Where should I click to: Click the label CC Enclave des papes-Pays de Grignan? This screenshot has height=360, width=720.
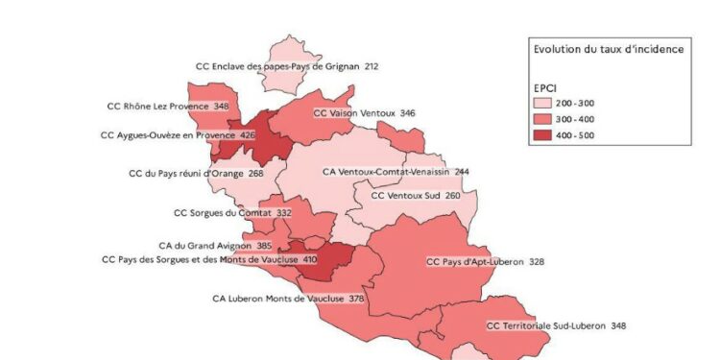tap(276, 66)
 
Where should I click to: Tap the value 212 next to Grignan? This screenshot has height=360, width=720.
tap(372, 66)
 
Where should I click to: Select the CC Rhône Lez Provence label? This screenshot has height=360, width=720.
tap(159, 106)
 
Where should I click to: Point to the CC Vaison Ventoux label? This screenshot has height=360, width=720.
tap(355, 113)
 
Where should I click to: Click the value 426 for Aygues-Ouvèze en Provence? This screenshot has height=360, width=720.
tap(248, 135)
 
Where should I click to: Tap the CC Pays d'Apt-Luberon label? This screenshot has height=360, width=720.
tap(471, 261)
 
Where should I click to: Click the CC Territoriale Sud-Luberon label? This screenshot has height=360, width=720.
tap(544, 326)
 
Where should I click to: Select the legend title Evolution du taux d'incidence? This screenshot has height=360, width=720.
tap(608, 49)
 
